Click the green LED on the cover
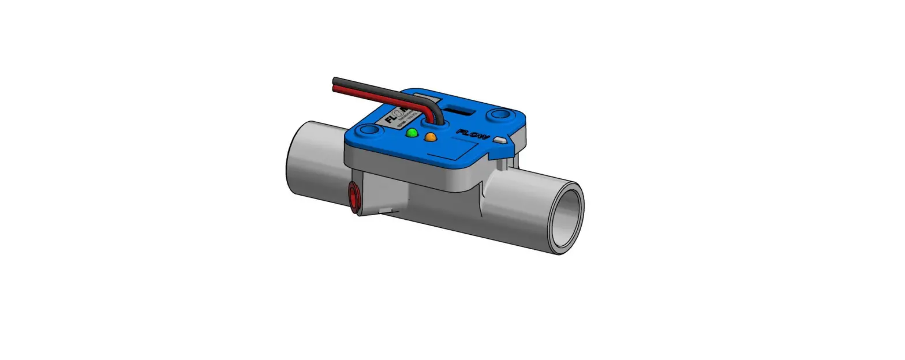[412, 133]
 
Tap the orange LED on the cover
[430, 137]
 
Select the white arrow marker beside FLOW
[500, 140]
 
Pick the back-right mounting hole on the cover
[497, 115]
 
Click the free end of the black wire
[335, 80]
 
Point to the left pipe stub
[312, 159]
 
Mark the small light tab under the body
[387, 209]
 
